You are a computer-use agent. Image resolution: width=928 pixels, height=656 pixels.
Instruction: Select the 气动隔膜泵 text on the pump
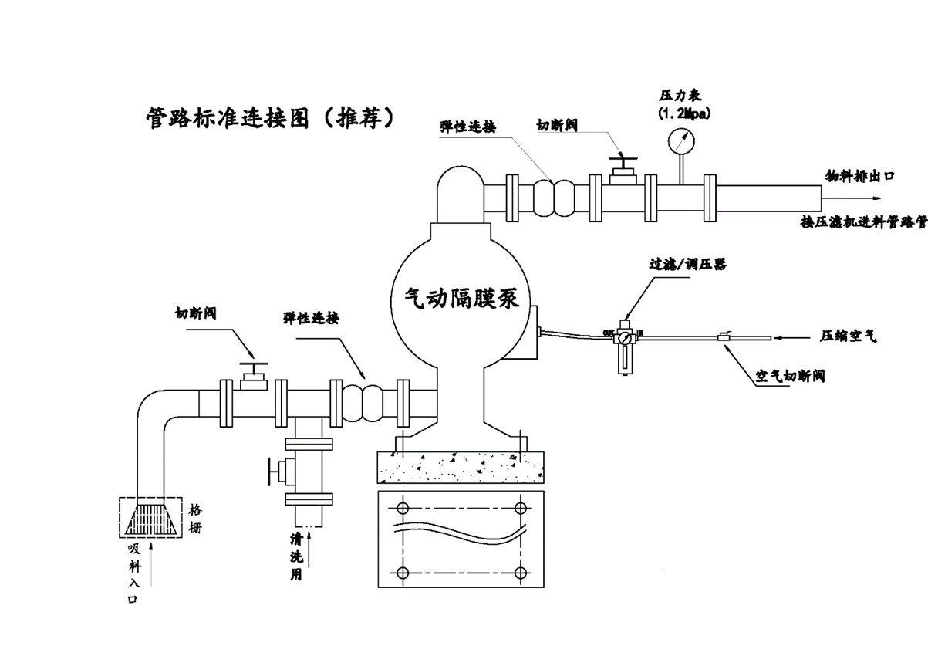(461, 296)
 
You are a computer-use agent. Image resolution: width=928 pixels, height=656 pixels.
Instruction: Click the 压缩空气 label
(848, 336)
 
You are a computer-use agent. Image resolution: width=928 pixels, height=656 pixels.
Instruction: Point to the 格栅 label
(195, 519)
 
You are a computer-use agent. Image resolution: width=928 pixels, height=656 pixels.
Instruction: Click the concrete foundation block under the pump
(460, 467)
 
